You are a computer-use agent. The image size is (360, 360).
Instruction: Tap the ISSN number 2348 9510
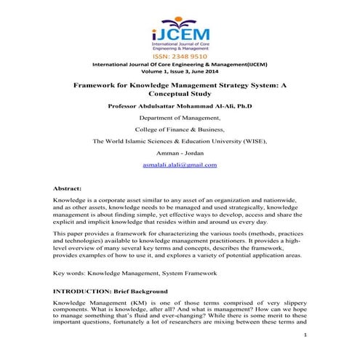pyautogui.click(x=180, y=55)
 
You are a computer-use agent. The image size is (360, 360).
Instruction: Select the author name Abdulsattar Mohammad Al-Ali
pyautogui.click(x=180, y=105)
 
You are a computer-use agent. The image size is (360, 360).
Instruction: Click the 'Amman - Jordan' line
pyautogui.click(x=180, y=153)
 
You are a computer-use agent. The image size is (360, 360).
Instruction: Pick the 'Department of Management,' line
pyautogui.click(x=180, y=117)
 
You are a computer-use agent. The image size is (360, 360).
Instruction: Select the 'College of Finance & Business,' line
pyautogui.click(x=180, y=129)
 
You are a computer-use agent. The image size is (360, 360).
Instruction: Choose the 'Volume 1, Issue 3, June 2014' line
pyautogui.click(x=180, y=71)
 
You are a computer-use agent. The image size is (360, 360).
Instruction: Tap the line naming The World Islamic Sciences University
pyautogui.click(x=180, y=141)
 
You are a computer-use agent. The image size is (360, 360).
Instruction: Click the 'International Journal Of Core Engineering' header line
pyautogui.click(x=180, y=63)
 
